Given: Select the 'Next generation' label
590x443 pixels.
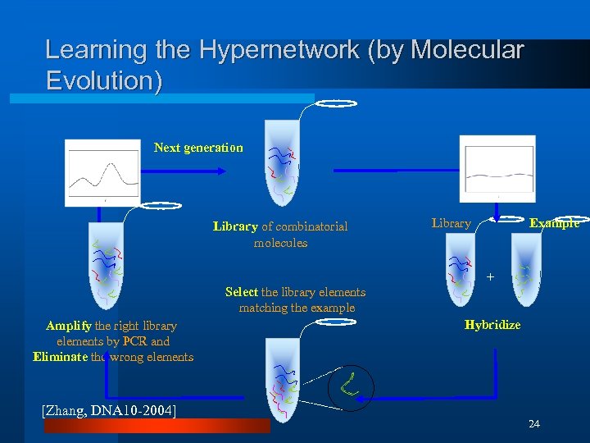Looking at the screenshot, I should click(198, 148).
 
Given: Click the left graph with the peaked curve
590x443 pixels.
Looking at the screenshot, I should click(102, 173).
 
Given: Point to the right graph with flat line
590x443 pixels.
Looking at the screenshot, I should click(497, 170).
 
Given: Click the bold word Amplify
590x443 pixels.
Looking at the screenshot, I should click(69, 326).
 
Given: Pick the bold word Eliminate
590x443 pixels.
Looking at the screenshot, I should click(61, 357).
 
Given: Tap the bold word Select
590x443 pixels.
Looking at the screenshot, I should click(242, 292).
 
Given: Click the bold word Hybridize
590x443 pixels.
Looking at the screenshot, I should click(492, 325).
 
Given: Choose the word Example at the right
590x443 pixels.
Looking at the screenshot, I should click(554, 223).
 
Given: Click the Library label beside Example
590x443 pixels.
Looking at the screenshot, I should click(451, 223).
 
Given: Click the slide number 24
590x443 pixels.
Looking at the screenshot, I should click(534, 423).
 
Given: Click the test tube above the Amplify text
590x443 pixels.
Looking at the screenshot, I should click(107, 263).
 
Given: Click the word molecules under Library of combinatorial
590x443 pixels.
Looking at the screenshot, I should click(280, 243).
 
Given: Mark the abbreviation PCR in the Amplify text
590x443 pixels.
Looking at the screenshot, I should click(136, 341).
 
